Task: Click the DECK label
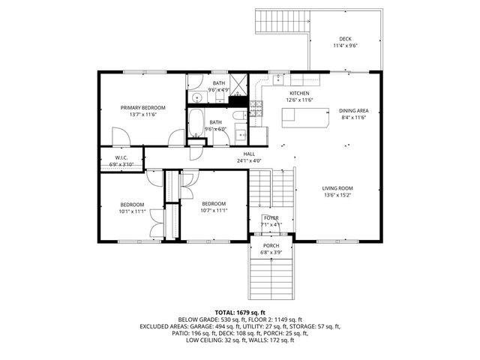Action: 345,39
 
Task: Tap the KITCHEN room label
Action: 299,93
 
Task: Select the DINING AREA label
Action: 353,110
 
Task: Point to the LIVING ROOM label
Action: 337,188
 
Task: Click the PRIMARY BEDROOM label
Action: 142,108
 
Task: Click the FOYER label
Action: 271,217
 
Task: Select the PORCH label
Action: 271,245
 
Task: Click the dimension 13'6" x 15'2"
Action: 337,195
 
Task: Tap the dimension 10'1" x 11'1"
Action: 132,211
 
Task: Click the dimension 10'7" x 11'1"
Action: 214,210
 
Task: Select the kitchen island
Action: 306,117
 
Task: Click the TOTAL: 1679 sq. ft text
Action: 240,312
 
